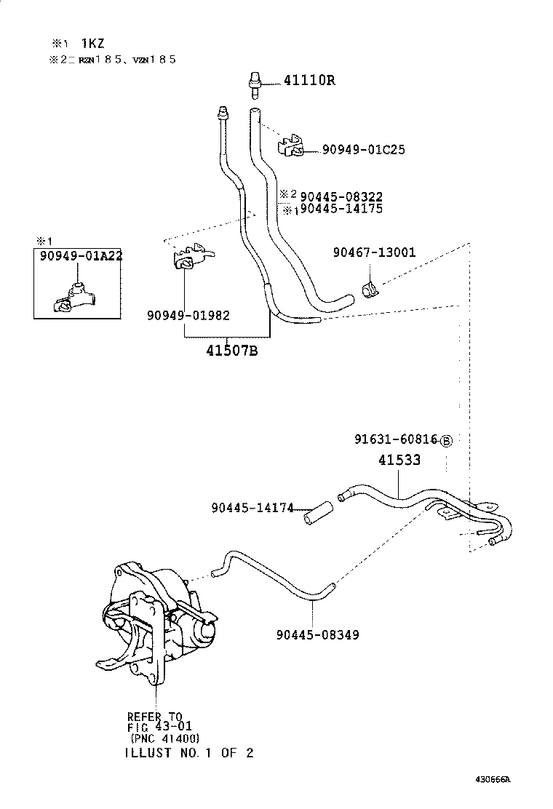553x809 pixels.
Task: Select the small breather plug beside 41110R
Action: (x=255, y=81)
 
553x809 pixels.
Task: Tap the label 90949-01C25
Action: (x=364, y=150)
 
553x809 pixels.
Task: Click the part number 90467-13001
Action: (x=374, y=252)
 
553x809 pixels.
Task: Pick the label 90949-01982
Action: (x=188, y=315)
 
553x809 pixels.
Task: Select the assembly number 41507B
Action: (x=231, y=351)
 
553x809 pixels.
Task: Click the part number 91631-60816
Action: (x=396, y=440)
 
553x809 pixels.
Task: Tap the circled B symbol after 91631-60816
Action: (x=446, y=441)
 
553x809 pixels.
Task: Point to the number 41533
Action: (x=399, y=461)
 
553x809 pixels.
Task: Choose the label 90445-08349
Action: (x=317, y=634)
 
